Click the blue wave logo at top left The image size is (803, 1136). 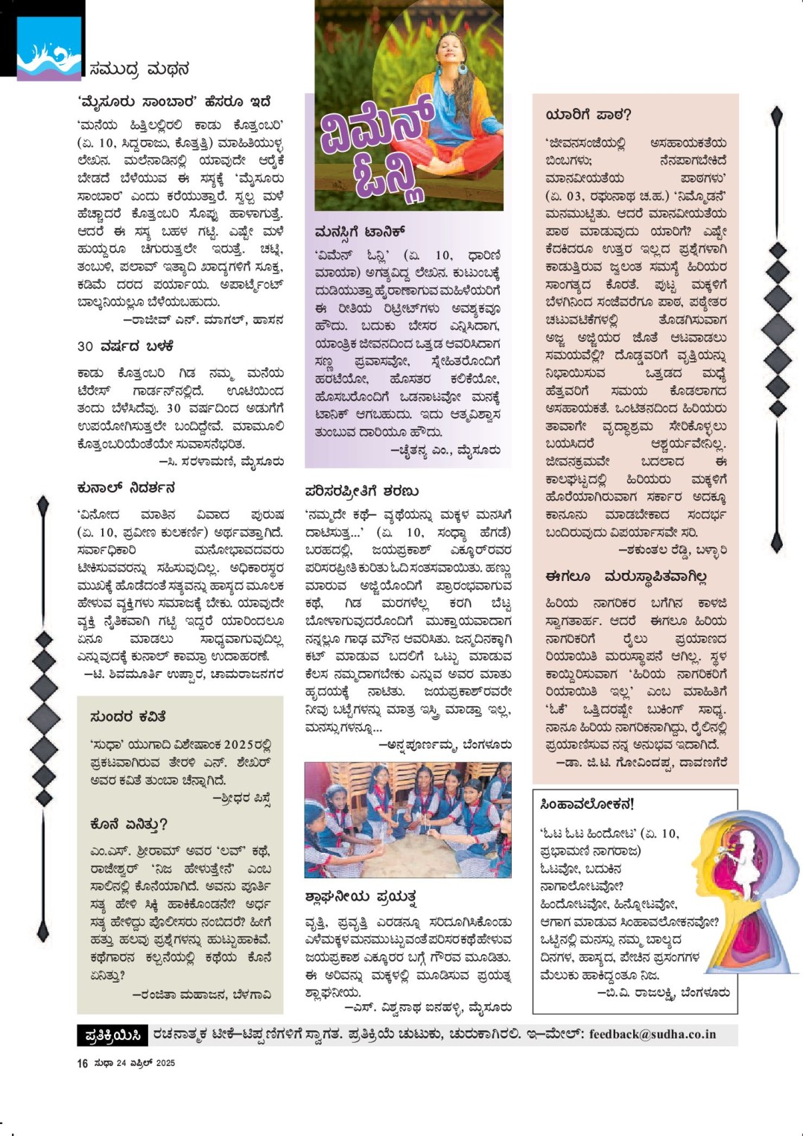49,49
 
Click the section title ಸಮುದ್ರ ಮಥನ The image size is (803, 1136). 139,69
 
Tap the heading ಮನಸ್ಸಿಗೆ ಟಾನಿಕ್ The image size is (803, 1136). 359,232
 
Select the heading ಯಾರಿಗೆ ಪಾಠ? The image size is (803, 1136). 588,115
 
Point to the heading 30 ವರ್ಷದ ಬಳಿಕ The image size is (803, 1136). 125,346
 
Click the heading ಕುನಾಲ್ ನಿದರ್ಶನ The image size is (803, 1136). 126,488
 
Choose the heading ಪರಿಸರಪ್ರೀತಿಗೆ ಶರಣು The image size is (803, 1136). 362,491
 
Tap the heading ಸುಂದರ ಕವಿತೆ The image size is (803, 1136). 127,717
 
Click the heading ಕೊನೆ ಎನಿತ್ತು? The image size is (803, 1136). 128,824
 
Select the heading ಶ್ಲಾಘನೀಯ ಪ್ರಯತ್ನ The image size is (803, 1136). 361,896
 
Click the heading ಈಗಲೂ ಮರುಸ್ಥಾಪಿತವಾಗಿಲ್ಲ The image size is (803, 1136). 626,577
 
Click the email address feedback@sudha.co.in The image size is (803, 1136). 652,1034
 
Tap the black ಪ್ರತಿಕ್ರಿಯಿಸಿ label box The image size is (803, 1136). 112,1035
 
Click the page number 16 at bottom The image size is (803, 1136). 82,1063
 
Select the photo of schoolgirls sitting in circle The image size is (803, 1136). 407,819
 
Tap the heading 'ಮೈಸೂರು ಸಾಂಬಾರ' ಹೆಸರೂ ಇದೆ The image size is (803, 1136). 174,101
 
